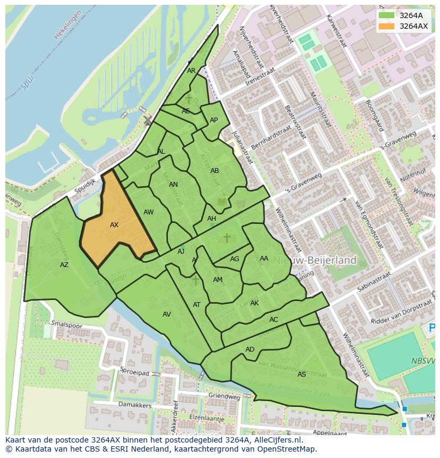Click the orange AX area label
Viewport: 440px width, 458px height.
point(114,225)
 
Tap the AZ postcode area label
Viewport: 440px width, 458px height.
point(64,265)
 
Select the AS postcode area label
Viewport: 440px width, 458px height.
point(302,374)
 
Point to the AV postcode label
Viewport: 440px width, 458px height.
point(167,314)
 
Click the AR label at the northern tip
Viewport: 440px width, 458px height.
point(191,71)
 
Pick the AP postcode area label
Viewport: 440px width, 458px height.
point(214,120)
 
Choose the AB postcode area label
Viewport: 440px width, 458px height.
point(215,171)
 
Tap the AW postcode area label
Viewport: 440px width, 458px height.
point(149,212)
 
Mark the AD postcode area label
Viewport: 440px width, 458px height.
point(250,349)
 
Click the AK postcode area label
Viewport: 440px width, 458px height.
point(255,303)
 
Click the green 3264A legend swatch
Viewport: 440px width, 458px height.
point(387,15)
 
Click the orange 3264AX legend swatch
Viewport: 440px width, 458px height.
point(387,26)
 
